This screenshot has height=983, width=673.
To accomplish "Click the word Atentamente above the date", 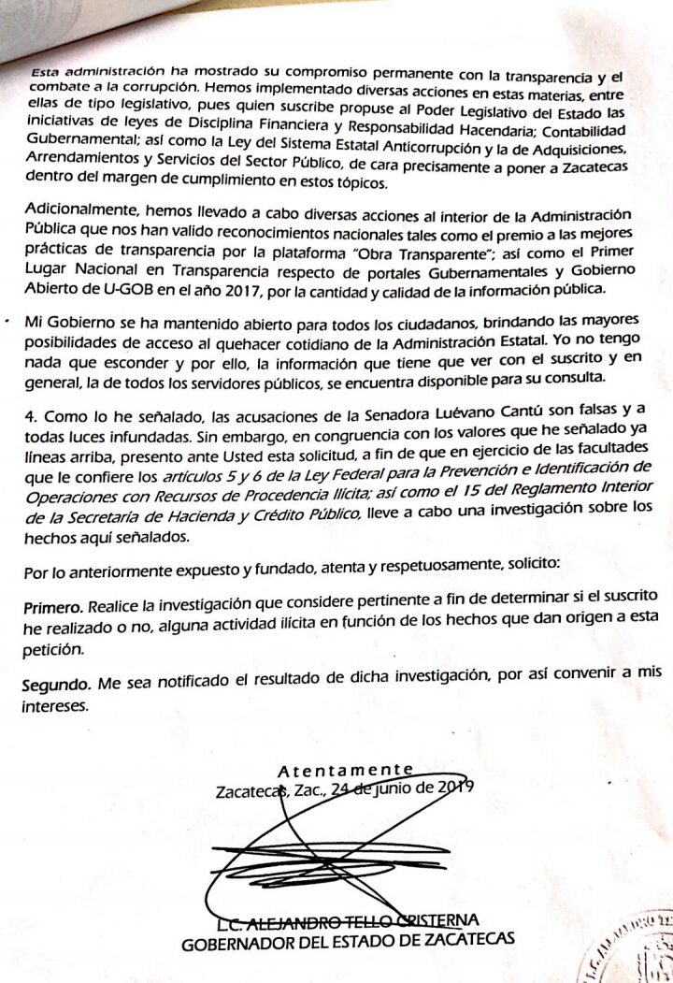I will coord(346,770).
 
